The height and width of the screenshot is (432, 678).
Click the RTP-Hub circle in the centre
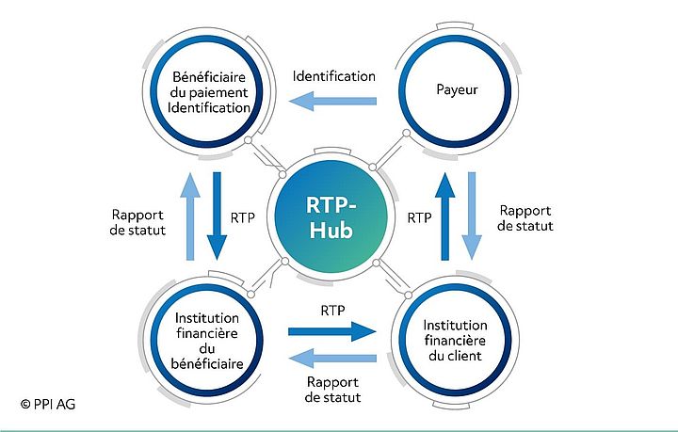coord(330,217)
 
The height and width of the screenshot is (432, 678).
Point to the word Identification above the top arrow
coord(333,75)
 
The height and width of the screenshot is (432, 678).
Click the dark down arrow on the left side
coord(218,216)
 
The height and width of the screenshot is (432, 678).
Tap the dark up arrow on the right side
coord(447,216)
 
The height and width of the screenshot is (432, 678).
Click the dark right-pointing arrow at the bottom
coord(331,330)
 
